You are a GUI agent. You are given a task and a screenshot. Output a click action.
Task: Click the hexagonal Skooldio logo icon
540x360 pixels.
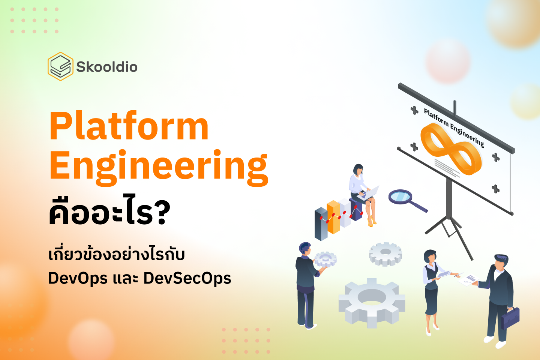60,66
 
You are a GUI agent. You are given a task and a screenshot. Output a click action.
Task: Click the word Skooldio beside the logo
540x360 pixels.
107,67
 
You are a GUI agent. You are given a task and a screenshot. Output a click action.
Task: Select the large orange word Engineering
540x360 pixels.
159,165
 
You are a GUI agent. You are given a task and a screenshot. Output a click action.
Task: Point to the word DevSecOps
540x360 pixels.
187,279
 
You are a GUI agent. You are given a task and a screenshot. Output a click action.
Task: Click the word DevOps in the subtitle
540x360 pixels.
78,279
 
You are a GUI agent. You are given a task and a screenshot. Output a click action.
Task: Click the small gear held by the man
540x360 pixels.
325,258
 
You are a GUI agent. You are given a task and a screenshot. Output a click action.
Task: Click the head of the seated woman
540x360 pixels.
358,169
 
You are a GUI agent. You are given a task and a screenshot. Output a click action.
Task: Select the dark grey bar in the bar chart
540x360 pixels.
321,224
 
